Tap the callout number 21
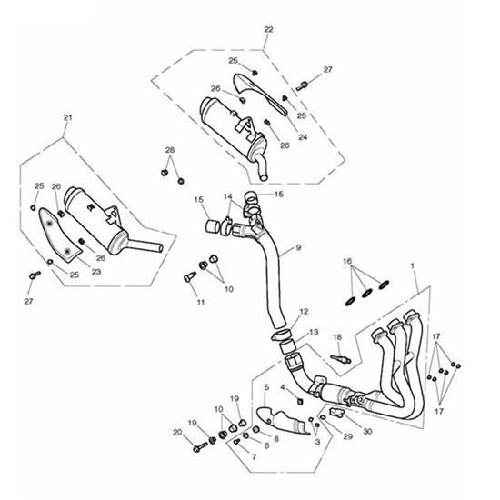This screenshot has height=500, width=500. click(x=65, y=118)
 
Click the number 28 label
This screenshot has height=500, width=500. click(x=169, y=150)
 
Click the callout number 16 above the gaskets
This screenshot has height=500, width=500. click(x=347, y=261)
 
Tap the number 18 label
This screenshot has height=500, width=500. click(x=336, y=338)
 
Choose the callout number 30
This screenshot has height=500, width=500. click(x=366, y=431)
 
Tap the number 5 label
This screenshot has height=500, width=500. click(x=266, y=387)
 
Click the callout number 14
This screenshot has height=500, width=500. click(x=226, y=196)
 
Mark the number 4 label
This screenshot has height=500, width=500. click(x=283, y=387)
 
